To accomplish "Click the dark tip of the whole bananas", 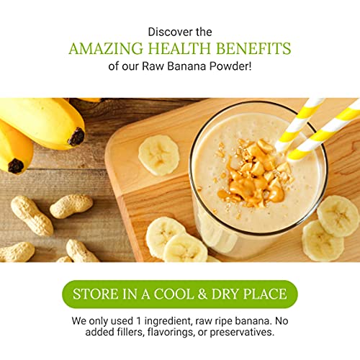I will click(x=76, y=136).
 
